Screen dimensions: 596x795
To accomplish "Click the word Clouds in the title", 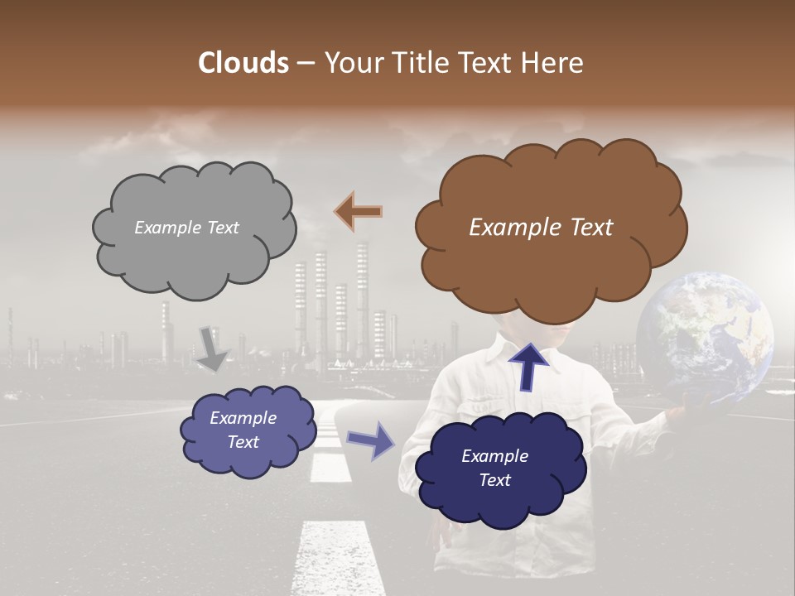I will tap(243, 63).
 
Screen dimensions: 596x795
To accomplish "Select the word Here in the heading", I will tap(554, 63).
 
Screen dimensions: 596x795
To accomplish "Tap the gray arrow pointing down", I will tap(212, 348).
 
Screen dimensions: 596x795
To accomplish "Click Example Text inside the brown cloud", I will tap(541, 228).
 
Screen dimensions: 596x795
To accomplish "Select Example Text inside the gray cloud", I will tap(186, 228).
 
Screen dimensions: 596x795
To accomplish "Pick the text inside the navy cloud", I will tap(494, 468).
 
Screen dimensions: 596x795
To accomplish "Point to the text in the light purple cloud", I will tap(243, 430).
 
